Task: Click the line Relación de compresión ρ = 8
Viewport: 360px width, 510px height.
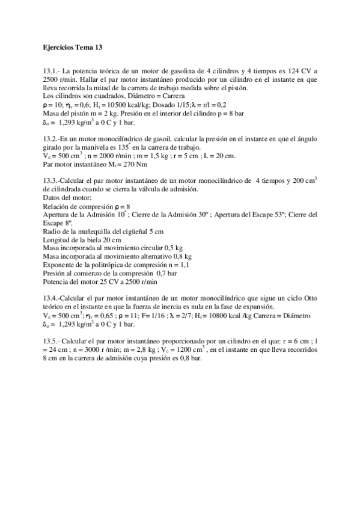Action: point(87,206)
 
